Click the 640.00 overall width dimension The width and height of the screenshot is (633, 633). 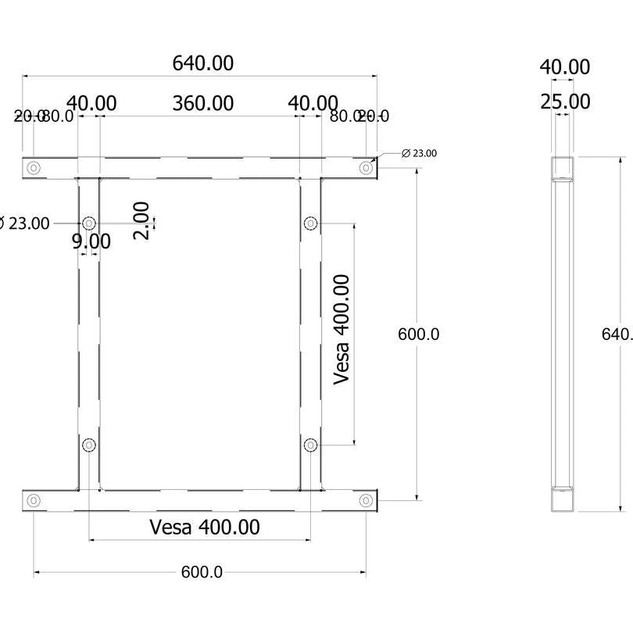(202, 63)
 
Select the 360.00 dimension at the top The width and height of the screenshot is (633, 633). (202, 103)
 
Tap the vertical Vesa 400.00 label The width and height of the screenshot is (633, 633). (342, 329)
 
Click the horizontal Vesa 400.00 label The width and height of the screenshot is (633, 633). (205, 527)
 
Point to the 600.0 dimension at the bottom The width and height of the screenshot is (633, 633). (202, 573)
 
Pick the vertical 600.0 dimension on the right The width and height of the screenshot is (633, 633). (419, 334)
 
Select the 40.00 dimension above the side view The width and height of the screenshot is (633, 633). (565, 67)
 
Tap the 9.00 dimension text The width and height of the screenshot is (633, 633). (91, 241)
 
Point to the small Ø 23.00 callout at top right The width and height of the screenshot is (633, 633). (419, 153)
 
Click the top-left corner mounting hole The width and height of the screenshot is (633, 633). (34, 167)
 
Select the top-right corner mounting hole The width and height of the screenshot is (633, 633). (366, 167)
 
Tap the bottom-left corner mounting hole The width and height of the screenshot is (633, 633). (34, 500)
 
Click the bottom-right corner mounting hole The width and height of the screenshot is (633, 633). (366, 500)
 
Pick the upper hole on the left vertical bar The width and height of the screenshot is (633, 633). (89, 224)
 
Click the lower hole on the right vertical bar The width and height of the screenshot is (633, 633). (310, 445)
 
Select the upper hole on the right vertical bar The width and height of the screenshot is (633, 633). (310, 224)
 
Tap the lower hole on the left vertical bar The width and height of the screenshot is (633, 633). (89, 445)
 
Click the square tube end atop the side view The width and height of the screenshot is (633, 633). (562, 167)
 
